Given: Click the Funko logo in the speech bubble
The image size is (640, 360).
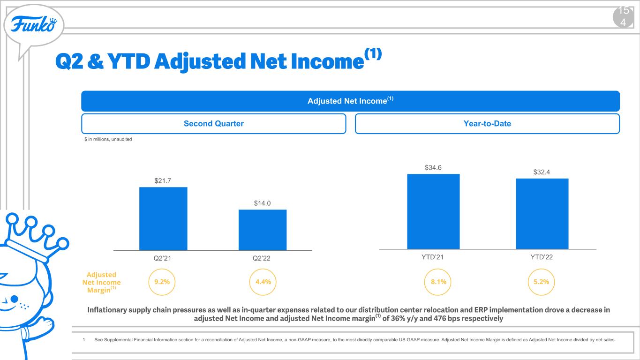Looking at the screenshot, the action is (34, 24).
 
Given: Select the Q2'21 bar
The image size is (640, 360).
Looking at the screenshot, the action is (163, 218).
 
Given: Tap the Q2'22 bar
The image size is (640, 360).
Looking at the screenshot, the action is (263, 230).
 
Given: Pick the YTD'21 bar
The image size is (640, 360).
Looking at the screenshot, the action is (433, 211).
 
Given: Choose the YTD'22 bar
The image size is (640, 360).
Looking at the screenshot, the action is (542, 214).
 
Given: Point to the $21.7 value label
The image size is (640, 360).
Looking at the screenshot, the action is (163, 180).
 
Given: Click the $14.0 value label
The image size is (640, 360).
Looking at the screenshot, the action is (262, 203).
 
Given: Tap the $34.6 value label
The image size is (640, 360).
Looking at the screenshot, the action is (433, 167).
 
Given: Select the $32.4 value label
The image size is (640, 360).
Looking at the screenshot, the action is (542, 172).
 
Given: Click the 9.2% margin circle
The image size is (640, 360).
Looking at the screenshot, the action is (162, 269).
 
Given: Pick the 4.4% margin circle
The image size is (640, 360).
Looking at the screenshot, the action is (263, 269).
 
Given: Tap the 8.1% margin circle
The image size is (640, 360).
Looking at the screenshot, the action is (438, 269).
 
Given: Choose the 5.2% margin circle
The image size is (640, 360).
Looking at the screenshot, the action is (541, 269).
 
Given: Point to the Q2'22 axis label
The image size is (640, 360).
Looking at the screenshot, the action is (262, 258).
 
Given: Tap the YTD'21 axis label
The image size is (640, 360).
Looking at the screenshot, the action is (432, 257).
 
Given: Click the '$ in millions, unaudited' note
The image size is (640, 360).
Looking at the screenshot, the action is (108, 139).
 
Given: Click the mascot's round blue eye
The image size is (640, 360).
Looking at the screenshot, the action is (14, 299).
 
